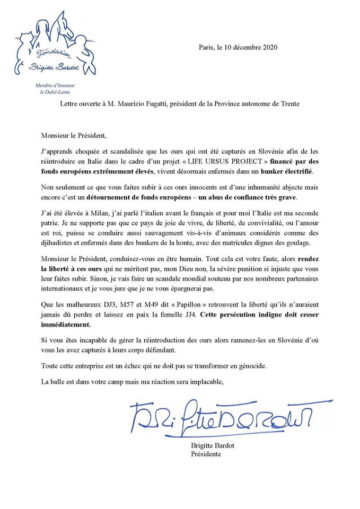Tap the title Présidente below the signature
[x=206, y=454]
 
